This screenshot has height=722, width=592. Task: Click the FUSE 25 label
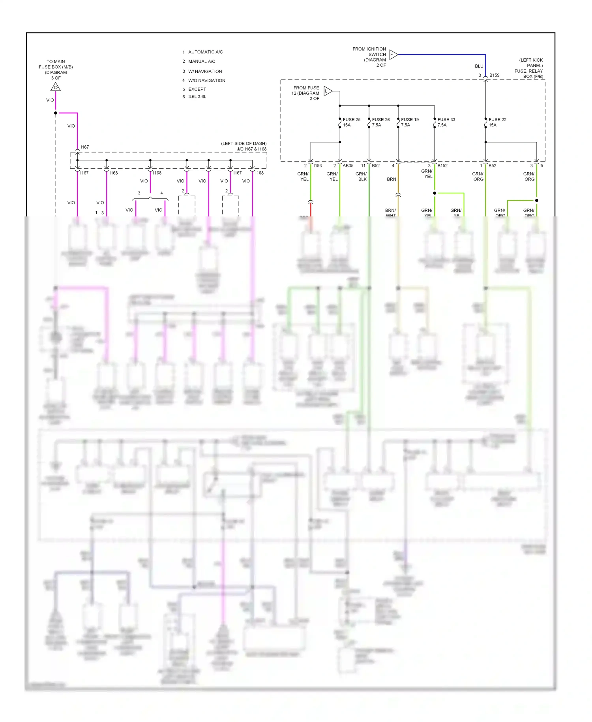point(351,120)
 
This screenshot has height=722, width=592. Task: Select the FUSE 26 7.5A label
point(380,122)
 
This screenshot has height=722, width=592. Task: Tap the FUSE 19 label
point(410,120)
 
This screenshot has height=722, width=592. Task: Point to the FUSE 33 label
point(446,120)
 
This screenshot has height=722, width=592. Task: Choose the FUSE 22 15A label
point(497,122)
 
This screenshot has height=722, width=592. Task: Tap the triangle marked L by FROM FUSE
point(327,92)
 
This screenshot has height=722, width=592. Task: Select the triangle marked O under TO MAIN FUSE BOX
point(56,87)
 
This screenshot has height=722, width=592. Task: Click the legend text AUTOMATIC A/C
point(205,52)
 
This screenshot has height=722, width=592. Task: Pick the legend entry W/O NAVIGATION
point(206,81)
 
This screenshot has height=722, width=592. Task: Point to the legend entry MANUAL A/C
point(201,62)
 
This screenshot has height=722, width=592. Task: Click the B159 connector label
point(494,75)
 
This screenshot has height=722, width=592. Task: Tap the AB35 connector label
point(348,166)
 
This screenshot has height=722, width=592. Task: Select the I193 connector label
point(317,166)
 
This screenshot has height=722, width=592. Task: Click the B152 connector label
point(442,166)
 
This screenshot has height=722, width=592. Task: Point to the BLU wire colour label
point(479,66)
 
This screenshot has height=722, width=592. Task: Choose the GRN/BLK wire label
point(361,177)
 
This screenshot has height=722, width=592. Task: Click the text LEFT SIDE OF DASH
point(244,144)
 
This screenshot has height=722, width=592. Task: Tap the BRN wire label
point(391,179)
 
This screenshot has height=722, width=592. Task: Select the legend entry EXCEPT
point(197,89)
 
